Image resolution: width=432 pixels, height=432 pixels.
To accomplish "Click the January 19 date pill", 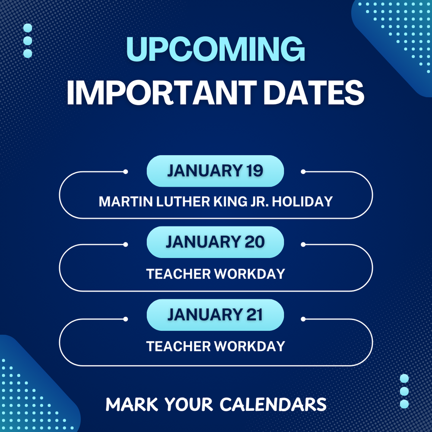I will pyautogui.click(x=215, y=171).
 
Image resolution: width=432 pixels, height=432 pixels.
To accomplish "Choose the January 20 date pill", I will pyautogui.click(x=215, y=242).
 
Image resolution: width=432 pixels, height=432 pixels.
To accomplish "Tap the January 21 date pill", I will pyautogui.click(x=215, y=315).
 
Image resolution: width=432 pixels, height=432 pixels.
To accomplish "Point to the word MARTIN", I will pyautogui.click(x=121, y=201).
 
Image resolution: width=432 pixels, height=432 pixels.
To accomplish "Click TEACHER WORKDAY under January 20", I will pyautogui.click(x=216, y=274).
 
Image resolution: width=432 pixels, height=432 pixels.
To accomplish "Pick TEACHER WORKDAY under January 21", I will pyautogui.click(x=216, y=346).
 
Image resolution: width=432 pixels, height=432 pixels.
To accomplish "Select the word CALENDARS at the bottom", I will pyautogui.click(x=273, y=404).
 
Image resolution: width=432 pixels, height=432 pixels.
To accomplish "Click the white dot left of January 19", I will pyautogui.click(x=125, y=172).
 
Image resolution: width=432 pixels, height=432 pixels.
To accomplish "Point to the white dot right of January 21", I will pyautogui.click(x=303, y=319).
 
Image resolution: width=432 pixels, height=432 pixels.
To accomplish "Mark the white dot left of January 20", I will pyautogui.click(x=125, y=245).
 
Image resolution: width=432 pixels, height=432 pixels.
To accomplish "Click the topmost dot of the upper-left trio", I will pyautogui.click(x=28, y=28).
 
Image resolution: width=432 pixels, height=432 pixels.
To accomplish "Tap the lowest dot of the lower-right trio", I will pyautogui.click(x=404, y=404).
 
